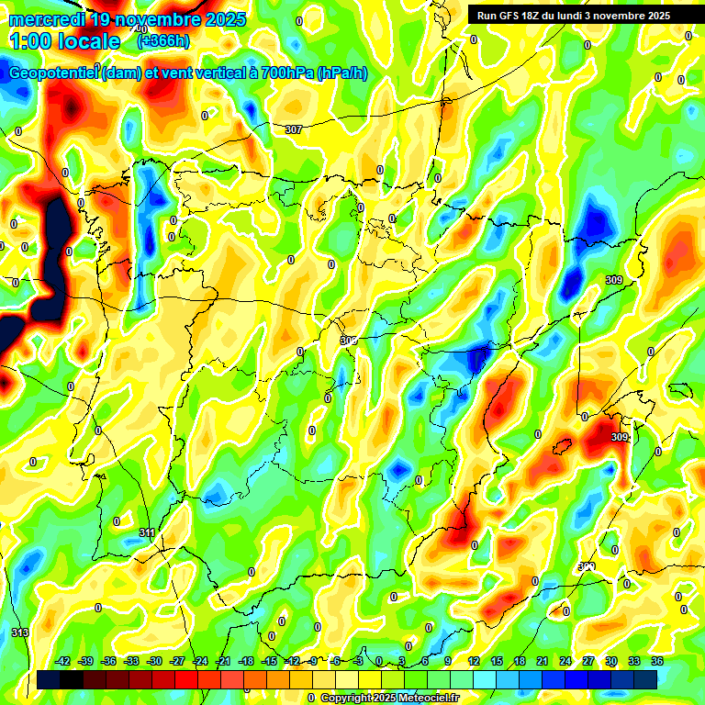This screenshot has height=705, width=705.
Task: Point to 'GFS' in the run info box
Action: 511,16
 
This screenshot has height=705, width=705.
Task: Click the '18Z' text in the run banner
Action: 538,16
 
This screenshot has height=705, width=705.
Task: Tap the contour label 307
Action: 293,129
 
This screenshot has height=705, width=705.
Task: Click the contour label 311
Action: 147,532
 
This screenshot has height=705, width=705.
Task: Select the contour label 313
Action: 20,632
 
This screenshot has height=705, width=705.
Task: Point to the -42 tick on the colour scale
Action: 63,661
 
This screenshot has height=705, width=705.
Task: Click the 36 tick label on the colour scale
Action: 656,661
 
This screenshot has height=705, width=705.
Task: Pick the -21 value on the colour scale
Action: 223,661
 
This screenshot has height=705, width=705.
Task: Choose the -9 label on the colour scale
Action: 314,661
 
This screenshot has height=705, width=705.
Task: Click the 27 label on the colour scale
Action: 587,661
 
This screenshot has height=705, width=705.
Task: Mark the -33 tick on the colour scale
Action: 132,661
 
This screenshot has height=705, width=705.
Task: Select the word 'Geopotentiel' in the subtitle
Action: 53,73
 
